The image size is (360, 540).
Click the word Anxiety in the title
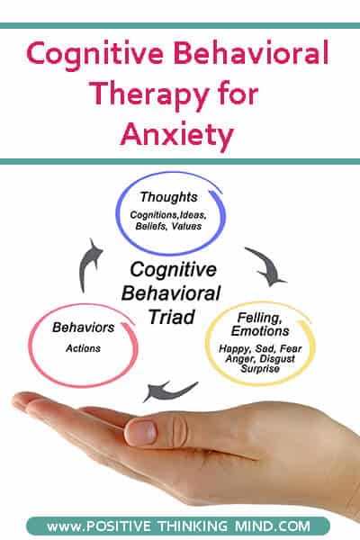tap(177, 135)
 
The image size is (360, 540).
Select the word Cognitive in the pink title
tap(94, 54)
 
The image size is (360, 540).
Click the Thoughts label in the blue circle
tap(168, 197)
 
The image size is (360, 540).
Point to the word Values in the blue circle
tap(186, 226)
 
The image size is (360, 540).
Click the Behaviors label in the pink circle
tap(83, 328)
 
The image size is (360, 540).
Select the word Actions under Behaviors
tap(83, 348)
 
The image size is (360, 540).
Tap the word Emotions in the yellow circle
tap(260, 331)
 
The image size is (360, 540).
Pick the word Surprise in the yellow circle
tap(260, 369)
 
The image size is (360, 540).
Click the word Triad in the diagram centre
tap(172, 317)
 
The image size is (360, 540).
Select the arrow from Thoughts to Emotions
tap(267, 265)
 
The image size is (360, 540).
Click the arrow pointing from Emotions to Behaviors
tap(168, 391)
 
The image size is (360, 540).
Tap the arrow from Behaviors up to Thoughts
tap(89, 264)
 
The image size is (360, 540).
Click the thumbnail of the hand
tap(142, 433)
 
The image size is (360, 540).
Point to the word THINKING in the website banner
tap(193, 526)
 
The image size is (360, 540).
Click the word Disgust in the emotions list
tap(277, 359)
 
